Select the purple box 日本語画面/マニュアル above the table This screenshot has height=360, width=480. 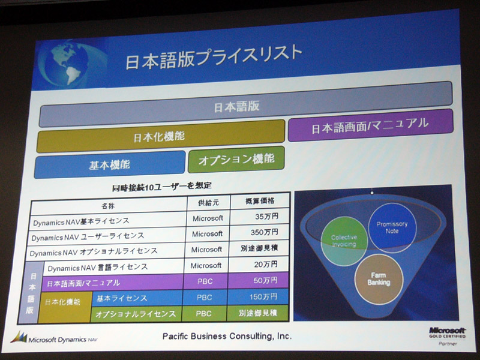(370, 125)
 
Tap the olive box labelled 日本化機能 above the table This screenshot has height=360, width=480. (160, 136)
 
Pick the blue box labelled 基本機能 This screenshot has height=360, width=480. (109, 164)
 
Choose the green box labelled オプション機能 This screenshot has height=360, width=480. (236, 160)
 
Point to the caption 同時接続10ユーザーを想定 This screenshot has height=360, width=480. (161, 186)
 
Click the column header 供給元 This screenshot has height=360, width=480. (208, 202)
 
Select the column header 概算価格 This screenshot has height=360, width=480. (260, 201)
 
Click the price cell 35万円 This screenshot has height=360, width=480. (266, 217)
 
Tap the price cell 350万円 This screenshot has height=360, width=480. (264, 232)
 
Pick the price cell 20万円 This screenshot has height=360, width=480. (265, 264)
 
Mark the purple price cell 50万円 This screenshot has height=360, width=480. (265, 280)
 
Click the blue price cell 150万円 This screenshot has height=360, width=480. (263, 296)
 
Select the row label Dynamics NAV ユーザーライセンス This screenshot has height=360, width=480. (88, 236)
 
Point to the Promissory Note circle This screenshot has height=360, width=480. (392, 228)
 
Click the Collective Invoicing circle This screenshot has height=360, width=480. (344, 241)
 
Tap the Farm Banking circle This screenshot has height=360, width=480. (379, 279)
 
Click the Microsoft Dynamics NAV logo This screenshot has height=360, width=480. (54, 338)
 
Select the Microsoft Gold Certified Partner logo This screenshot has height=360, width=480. (447, 336)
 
